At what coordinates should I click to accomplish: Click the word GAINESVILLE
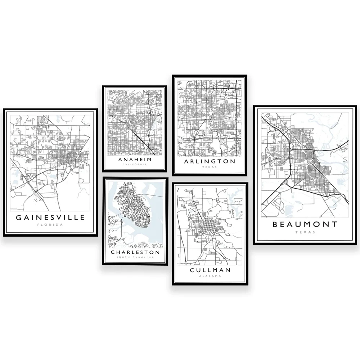50,217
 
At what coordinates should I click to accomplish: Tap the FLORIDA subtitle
50,225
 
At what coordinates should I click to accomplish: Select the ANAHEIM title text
135,159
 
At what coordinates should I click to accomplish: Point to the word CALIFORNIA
135,164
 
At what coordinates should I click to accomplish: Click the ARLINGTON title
210,161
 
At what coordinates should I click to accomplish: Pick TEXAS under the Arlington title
210,167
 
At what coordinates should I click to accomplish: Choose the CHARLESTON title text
135,252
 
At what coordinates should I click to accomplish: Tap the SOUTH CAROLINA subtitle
135,257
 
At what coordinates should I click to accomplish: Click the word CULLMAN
210,270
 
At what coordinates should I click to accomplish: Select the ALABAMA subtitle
210,276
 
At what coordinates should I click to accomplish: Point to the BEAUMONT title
305,224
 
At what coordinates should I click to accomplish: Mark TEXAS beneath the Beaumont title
305,232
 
